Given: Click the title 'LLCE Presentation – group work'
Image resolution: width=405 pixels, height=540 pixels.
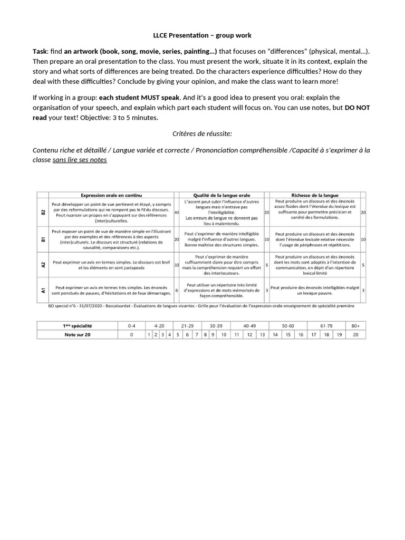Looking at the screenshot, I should tap(202, 35).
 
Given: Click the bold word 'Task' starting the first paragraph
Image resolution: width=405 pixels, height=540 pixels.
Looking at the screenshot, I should tap(41, 51).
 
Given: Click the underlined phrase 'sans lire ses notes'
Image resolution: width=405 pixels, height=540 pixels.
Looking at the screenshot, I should tap(80, 159).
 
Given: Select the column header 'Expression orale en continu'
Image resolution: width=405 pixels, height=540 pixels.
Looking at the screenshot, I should tap(111, 195).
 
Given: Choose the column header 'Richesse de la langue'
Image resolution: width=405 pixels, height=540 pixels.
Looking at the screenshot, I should tap(315, 195).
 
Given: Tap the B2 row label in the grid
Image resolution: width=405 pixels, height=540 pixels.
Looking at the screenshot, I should tap(43, 212).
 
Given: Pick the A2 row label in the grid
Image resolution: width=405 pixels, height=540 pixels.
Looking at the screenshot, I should tap(43, 265).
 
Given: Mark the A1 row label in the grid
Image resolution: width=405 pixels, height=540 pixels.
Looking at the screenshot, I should tap(43, 290).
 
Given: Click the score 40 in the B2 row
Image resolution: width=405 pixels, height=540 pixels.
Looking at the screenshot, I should tap(177, 213).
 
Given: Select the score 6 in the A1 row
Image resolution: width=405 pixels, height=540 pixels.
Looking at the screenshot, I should tap(177, 290).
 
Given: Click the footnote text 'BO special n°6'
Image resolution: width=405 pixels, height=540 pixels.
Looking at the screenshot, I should tap(63, 305).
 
